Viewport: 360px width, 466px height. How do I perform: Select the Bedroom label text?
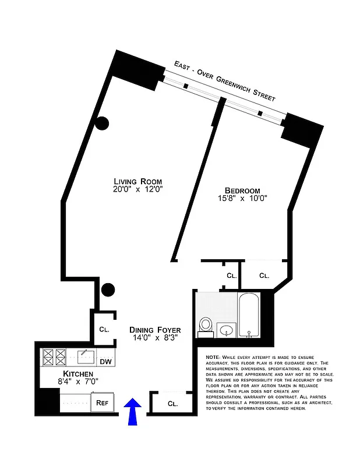(242, 190)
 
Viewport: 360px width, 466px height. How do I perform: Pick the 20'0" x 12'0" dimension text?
(137, 189)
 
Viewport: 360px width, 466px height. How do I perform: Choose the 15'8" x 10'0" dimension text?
(242, 199)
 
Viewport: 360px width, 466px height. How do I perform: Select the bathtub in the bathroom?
(251, 315)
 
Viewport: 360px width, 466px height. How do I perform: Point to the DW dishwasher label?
(105, 362)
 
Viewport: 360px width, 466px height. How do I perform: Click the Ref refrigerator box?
(103, 402)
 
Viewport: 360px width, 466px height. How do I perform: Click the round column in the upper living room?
(103, 123)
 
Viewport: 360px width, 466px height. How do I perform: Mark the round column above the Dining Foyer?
(108, 290)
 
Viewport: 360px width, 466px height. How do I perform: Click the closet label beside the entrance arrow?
(172, 403)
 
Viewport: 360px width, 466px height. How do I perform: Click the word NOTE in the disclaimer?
(213, 357)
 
